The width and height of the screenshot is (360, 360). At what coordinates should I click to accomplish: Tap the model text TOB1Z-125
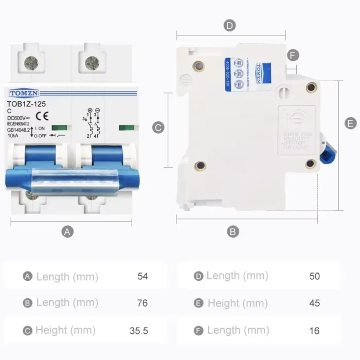(x=27, y=104)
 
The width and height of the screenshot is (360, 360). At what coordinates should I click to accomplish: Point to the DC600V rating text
(x=19, y=118)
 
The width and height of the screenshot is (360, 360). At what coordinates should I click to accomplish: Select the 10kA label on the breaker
(x=14, y=136)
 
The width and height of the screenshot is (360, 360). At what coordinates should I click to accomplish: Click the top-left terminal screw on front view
(x=31, y=63)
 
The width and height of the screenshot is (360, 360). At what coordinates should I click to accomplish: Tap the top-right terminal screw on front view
(x=93, y=63)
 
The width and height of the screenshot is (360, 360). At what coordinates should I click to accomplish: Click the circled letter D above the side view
(x=229, y=25)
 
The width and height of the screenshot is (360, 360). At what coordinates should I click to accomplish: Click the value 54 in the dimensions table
(x=142, y=276)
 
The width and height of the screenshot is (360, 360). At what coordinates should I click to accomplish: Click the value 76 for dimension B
(x=142, y=303)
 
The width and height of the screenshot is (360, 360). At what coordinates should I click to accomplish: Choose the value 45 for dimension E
(x=314, y=303)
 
